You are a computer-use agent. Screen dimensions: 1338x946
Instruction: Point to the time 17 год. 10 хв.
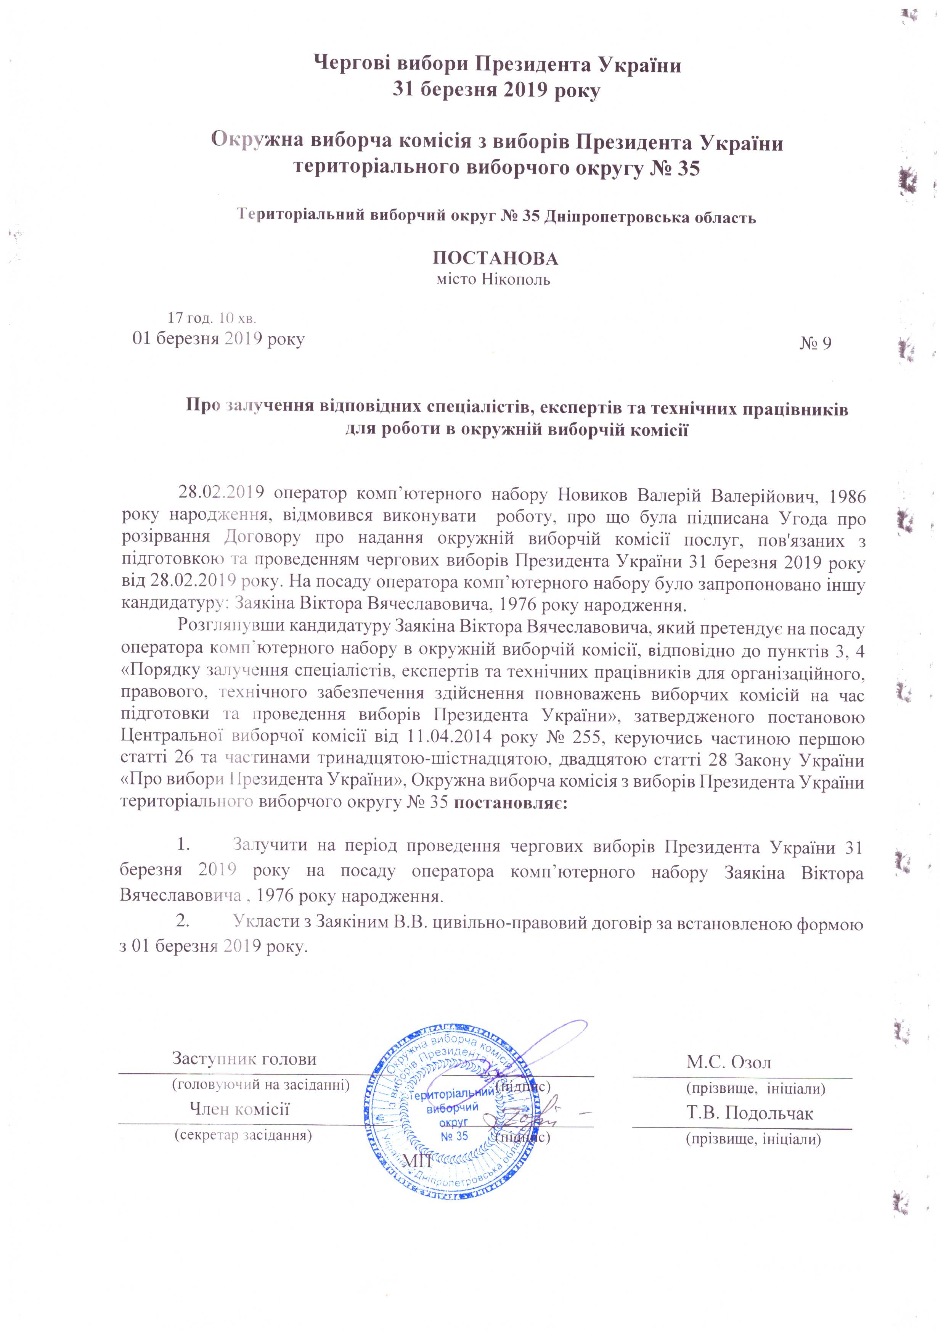[213, 318]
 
